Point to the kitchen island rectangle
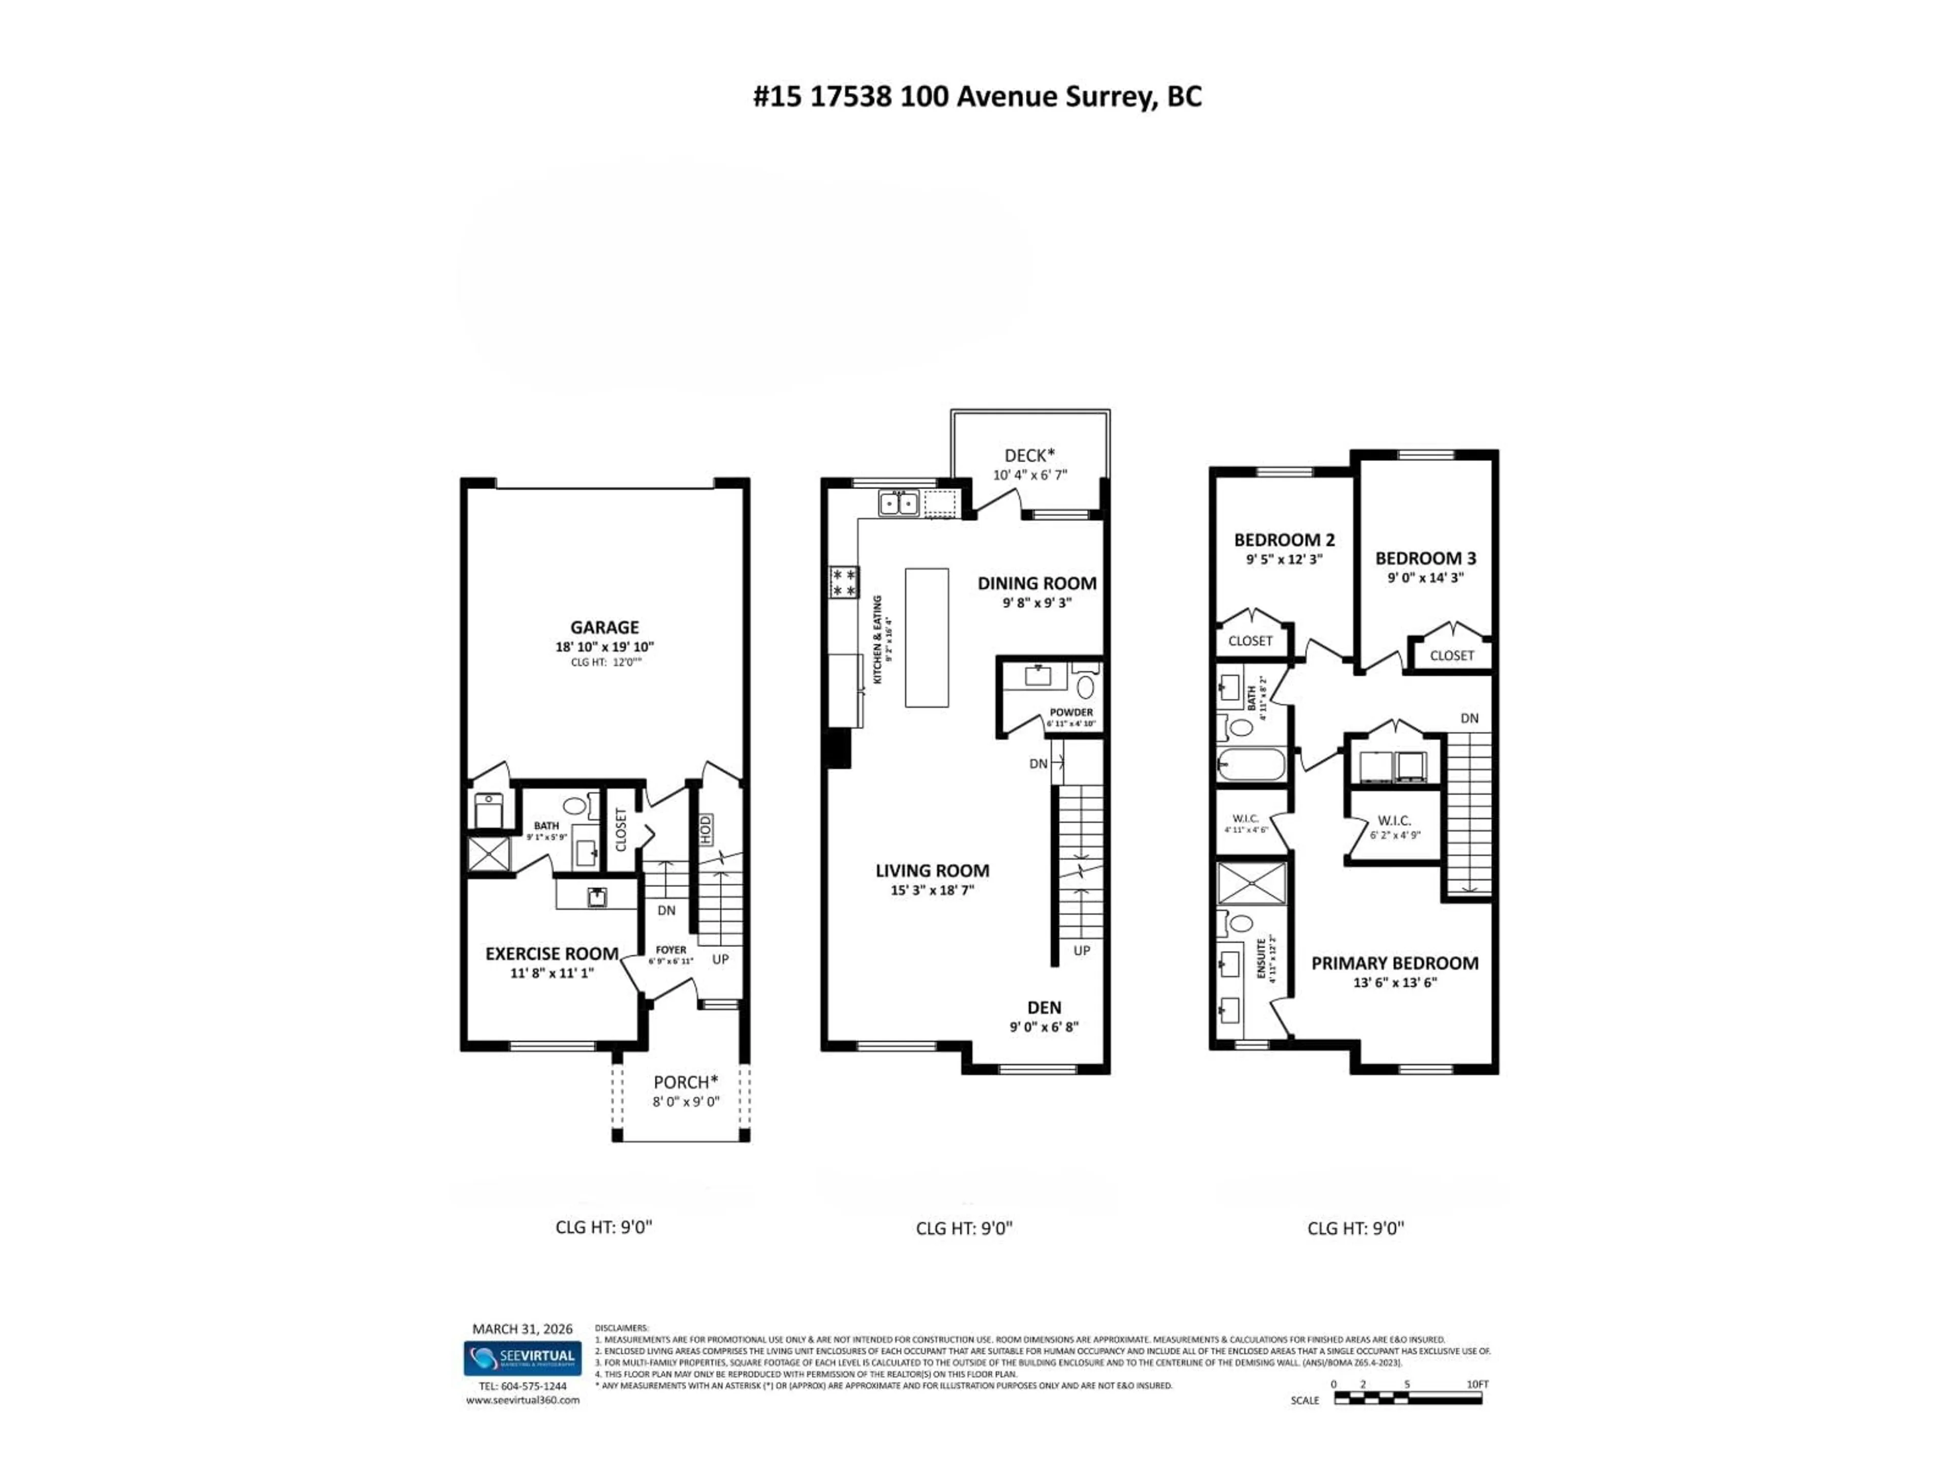coord(926,638)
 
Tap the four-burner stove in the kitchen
coord(843,582)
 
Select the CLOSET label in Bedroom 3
coord(1451,656)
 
